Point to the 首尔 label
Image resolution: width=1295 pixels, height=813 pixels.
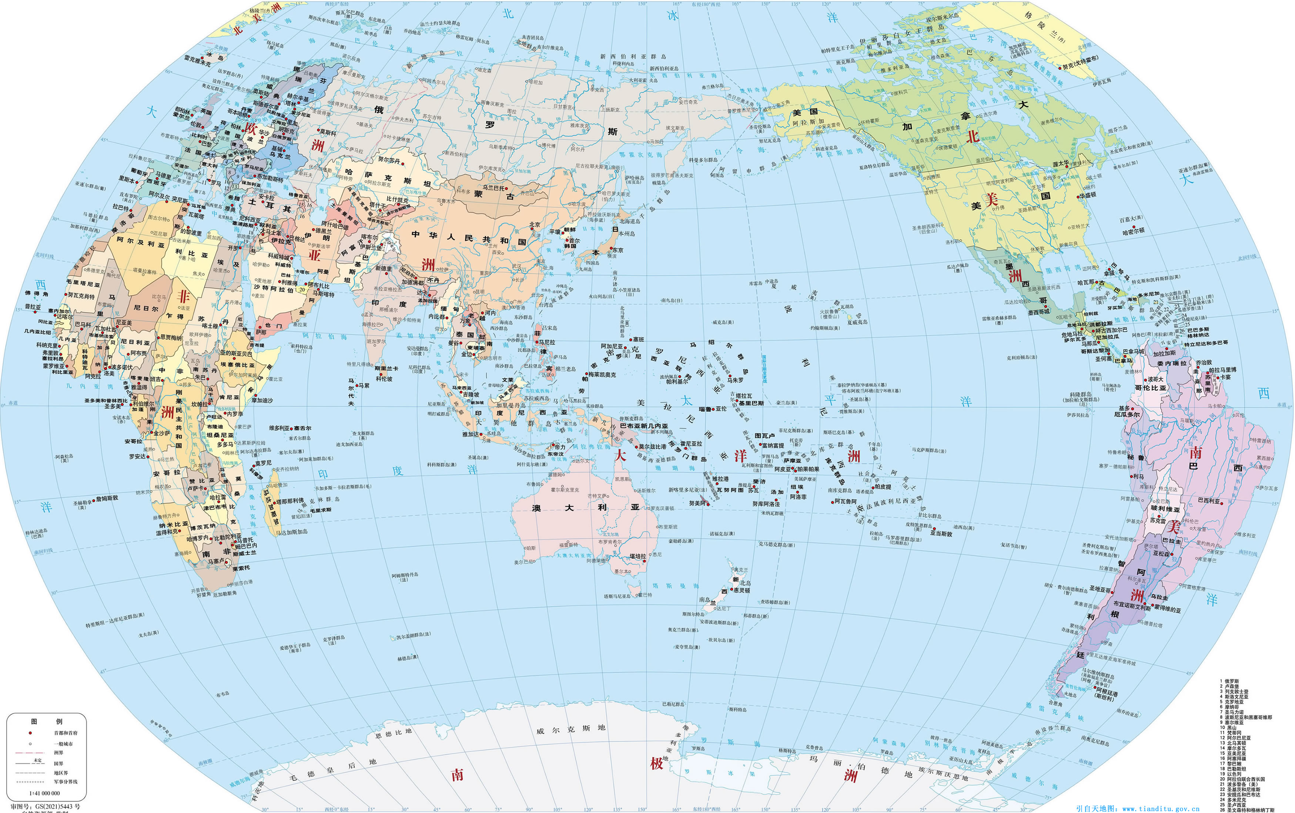tap(574, 241)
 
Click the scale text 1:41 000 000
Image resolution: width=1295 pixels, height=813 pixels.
tap(45, 793)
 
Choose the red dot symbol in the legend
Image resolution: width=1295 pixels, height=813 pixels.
tap(30, 733)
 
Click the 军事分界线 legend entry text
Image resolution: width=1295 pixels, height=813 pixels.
tap(66, 782)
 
